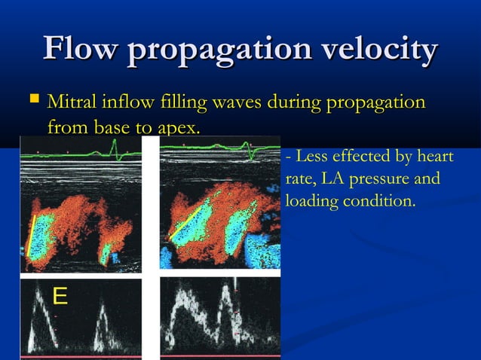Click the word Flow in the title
81,50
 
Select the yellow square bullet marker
32,99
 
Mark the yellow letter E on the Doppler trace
60,297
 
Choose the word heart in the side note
436,157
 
